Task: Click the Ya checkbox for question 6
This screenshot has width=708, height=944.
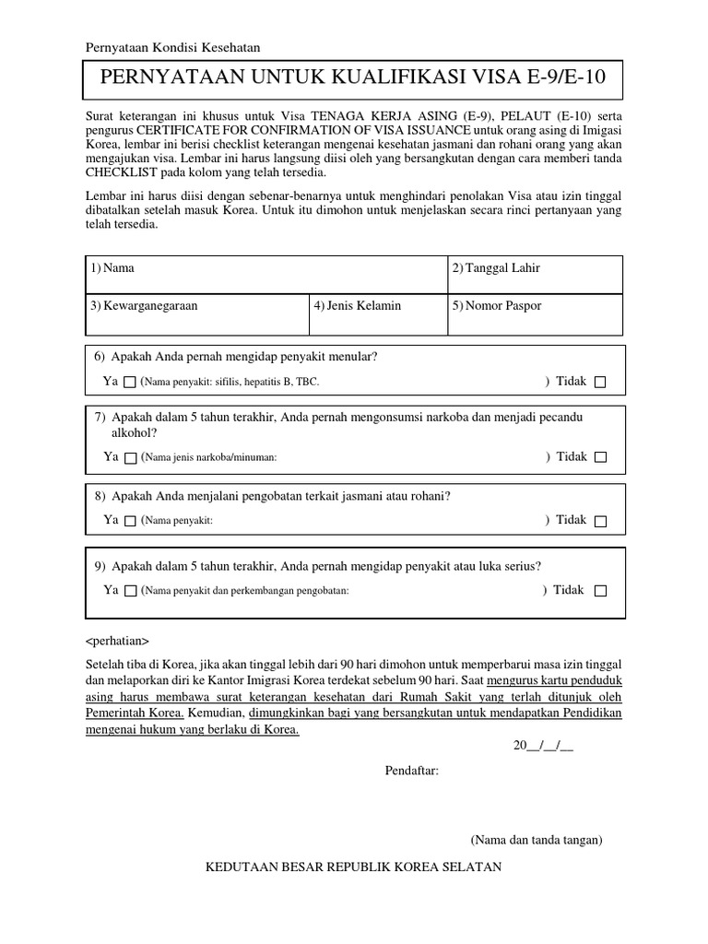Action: tap(130, 382)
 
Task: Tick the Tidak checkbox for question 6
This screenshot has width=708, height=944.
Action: tap(600, 382)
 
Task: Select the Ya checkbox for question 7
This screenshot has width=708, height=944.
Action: tap(130, 457)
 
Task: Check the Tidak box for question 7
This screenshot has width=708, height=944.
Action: tap(600, 457)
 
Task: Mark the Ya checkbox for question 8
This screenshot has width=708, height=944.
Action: tap(130, 521)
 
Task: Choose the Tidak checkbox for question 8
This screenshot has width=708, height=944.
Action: tap(600, 521)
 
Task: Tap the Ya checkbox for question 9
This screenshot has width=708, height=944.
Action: tap(130, 591)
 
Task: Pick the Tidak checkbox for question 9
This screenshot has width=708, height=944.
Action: tap(600, 591)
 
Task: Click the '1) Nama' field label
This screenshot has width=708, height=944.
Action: tap(112, 268)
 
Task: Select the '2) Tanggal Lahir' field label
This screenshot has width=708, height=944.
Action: tap(496, 268)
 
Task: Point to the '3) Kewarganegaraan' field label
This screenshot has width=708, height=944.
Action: tap(144, 305)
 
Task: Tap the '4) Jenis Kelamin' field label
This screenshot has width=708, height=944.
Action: tap(358, 305)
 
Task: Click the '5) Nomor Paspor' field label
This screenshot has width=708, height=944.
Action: tap(497, 305)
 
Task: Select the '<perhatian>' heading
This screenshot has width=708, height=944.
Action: tap(116, 641)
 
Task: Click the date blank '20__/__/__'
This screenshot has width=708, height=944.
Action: tap(544, 746)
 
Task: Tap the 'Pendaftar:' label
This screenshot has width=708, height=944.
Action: tap(411, 771)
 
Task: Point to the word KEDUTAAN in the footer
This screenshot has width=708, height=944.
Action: tap(245, 867)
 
